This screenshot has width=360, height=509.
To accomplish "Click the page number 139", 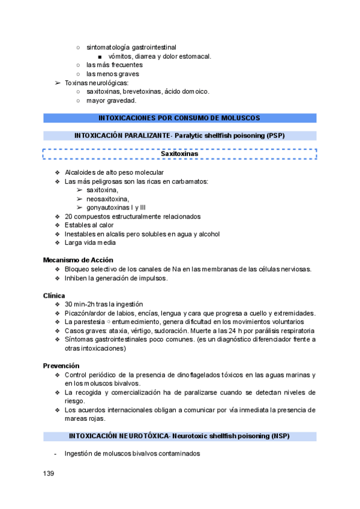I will (x=49, y=474).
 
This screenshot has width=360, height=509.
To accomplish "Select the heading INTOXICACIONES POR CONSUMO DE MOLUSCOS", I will (x=179, y=118).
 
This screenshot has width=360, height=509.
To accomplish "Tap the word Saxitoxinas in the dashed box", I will (x=179, y=154).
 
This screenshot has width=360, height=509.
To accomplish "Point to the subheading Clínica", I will (x=54, y=295).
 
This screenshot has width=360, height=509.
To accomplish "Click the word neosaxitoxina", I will (x=107, y=199).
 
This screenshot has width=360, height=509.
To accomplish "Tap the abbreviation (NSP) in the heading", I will (x=278, y=436).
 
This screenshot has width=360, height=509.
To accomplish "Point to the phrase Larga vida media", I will (x=90, y=242).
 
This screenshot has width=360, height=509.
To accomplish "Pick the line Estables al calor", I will (x=89, y=225).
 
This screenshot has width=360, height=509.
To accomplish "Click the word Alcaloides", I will (x=81, y=173).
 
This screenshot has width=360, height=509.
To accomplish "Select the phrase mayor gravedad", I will (x=111, y=100).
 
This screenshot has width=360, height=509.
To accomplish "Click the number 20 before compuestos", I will (x=69, y=216).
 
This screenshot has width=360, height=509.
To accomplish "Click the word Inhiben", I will (x=77, y=278).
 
